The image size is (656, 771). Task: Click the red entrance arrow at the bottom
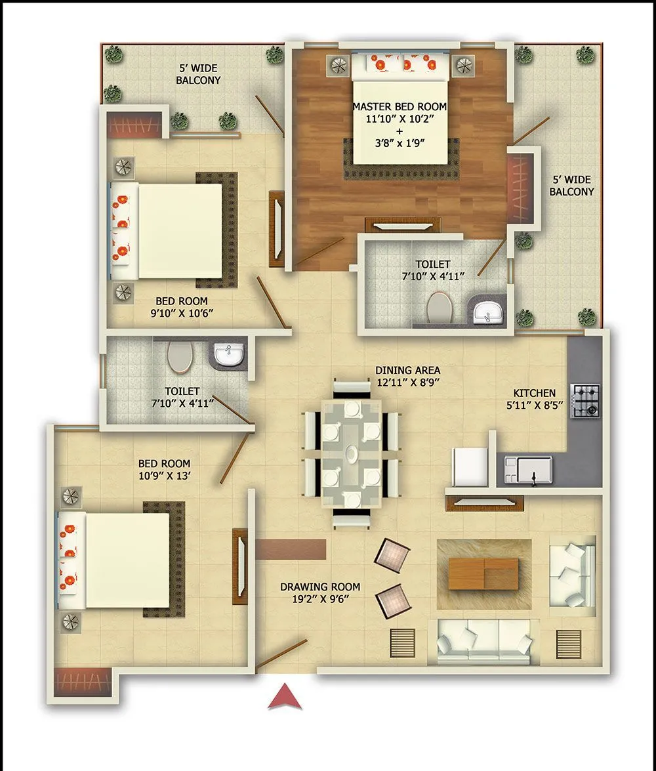(285, 697)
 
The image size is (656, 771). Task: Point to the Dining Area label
(407, 376)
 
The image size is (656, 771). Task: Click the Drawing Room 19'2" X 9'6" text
(319, 593)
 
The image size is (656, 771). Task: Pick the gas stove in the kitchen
(586, 401)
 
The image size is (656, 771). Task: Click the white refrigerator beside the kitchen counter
(470, 467)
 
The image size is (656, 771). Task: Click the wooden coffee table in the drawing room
(483, 573)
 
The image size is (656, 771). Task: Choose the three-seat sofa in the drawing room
(484, 637)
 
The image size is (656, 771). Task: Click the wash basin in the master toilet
(487, 312)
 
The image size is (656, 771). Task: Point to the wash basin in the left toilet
(229, 354)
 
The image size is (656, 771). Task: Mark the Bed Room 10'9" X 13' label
(167, 470)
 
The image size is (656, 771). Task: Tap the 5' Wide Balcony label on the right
(571, 186)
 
